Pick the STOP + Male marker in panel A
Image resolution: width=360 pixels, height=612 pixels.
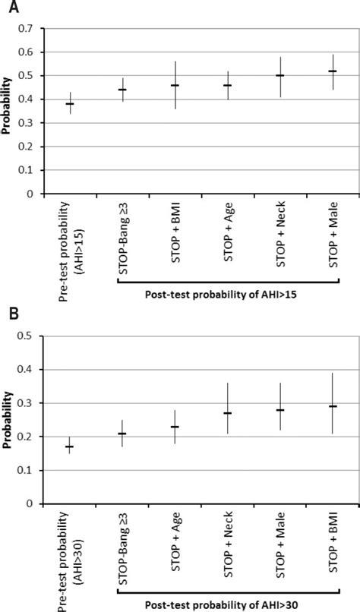tap(332, 71)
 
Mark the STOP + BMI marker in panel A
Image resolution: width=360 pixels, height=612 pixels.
tap(175, 85)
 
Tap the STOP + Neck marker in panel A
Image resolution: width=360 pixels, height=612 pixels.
tap(279, 75)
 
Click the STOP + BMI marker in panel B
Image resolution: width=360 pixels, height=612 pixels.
tap(332, 406)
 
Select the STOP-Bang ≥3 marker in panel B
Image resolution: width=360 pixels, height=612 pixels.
tap(122, 434)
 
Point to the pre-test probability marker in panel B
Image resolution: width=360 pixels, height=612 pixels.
tap(70, 446)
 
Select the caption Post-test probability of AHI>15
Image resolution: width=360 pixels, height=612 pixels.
tap(228, 293)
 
